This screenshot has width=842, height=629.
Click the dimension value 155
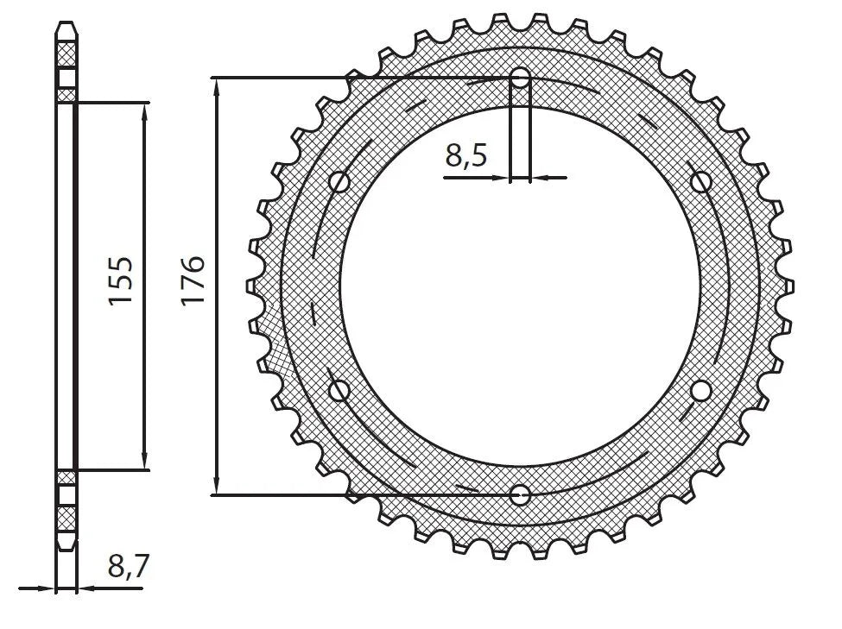(120, 280)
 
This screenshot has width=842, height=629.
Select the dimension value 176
(192, 280)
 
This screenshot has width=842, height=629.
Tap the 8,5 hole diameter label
(466, 156)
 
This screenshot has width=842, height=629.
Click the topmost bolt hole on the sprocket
(520, 79)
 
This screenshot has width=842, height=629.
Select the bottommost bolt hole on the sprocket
(520, 494)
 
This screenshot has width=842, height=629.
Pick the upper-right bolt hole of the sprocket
(701, 182)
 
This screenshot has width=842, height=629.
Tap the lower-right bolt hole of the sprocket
(701, 391)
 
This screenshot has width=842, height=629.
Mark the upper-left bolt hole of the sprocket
(339, 182)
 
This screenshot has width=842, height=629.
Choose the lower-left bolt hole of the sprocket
(339, 391)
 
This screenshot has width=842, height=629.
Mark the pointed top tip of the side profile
(66, 22)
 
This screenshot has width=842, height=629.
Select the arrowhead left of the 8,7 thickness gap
(48, 589)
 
